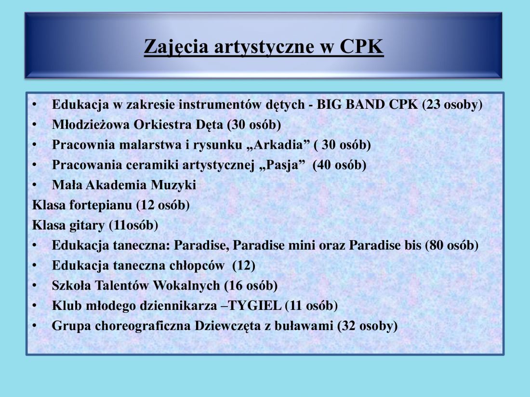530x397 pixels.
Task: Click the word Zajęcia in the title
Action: [176, 47]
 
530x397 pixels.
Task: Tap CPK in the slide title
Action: [361, 46]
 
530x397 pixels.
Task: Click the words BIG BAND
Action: [350, 104]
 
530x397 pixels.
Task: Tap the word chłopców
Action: [197, 266]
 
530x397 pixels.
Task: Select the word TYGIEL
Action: [255, 306]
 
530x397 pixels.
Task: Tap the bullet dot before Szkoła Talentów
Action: [35, 285]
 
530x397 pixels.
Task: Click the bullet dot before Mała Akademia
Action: [35, 185]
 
